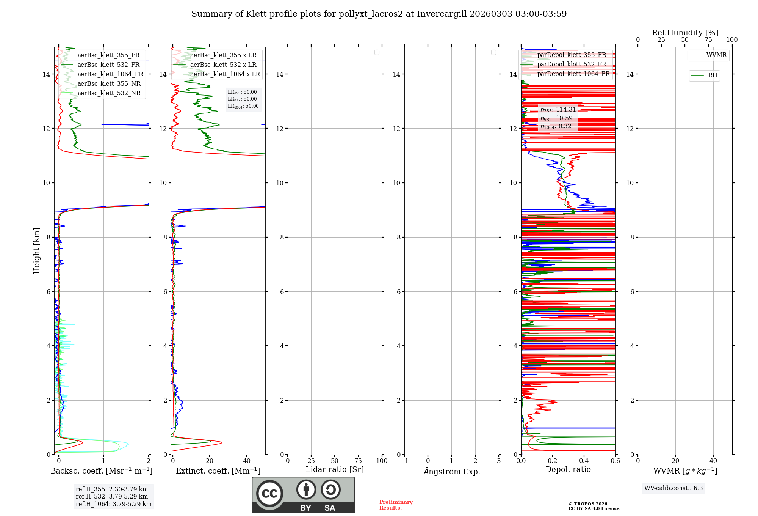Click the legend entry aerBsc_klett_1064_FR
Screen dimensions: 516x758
[110, 74]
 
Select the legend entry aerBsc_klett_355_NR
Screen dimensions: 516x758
[109, 84]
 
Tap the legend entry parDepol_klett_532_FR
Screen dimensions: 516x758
[571, 64]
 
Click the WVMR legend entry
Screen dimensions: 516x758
[716, 55]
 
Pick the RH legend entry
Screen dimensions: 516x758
[713, 76]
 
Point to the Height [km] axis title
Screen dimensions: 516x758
[36, 251]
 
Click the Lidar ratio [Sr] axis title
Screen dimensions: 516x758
[335, 470]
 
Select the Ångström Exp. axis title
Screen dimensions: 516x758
[451, 472]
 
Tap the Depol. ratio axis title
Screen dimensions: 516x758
[568, 470]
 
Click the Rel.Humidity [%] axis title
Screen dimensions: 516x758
[685, 33]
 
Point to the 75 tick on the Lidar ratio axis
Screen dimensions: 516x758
[358, 461]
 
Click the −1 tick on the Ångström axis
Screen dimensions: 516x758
[404, 461]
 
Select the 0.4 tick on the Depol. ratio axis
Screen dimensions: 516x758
[584, 461]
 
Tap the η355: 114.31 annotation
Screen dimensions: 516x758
[558, 110]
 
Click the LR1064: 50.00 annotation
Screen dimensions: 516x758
[243, 106]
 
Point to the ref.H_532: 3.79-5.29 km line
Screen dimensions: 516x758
[112, 497]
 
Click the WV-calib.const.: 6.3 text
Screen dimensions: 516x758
[673, 488]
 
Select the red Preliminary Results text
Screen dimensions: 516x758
[396, 505]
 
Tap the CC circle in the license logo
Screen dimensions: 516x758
[269, 494]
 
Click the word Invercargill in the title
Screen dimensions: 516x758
[442, 14]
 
